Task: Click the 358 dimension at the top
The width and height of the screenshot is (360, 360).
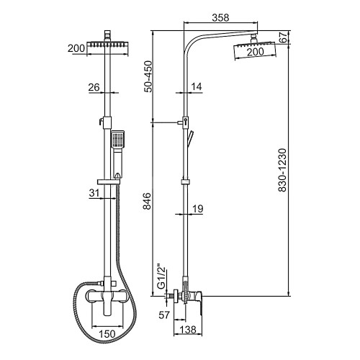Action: point(220,17)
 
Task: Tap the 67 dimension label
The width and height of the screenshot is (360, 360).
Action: point(283,37)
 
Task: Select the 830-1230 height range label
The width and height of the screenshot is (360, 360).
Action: point(282,170)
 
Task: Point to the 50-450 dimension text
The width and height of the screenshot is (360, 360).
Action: point(148,76)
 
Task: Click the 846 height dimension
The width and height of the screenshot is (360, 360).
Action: point(147,201)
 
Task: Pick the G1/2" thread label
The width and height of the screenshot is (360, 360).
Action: point(162,276)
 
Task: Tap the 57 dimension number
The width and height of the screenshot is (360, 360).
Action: point(164,315)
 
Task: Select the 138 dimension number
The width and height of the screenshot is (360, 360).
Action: point(188,330)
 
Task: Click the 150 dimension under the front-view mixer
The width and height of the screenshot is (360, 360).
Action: point(107,333)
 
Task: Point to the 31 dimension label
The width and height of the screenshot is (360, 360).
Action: point(94,193)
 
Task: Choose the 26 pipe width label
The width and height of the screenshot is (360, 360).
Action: point(94,87)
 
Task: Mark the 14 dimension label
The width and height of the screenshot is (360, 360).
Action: point(197,86)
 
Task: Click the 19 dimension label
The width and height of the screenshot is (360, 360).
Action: point(198,209)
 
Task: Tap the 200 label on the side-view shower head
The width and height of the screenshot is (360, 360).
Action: point(256,52)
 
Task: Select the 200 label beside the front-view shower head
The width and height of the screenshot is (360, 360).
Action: point(76,48)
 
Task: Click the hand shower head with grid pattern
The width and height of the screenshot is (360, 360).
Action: point(118,139)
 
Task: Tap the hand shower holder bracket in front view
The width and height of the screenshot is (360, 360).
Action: point(109,182)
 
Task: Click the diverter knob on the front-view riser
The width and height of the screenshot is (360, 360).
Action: point(101,121)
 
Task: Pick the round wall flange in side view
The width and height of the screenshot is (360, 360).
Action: point(176,297)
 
